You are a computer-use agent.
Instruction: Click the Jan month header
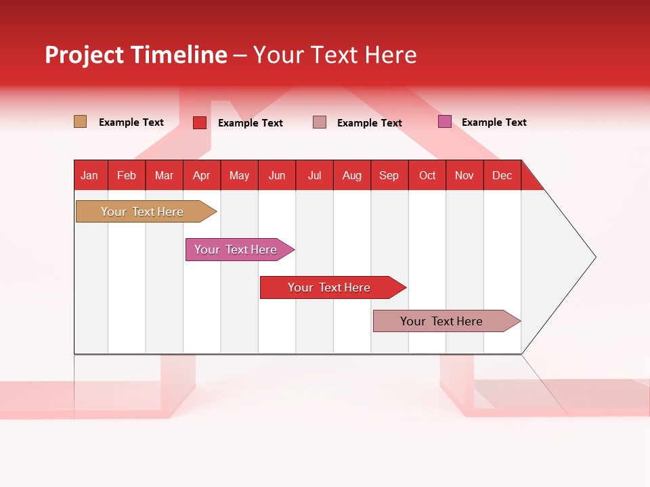click(90, 175)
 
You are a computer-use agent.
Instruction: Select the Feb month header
click(127, 175)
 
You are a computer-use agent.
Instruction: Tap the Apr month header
click(202, 175)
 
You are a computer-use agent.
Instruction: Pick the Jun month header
click(277, 175)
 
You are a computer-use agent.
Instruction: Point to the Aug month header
click(352, 175)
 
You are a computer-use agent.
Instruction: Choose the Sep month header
click(389, 175)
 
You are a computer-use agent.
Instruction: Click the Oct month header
click(427, 175)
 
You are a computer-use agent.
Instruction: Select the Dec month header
click(502, 175)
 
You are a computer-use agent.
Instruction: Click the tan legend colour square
click(80, 122)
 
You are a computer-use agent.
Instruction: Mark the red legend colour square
click(200, 122)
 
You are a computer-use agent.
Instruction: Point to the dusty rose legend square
click(320, 122)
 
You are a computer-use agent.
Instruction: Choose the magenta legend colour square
click(445, 122)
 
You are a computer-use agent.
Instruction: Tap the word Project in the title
click(85, 55)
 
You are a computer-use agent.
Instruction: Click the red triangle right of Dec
click(529, 180)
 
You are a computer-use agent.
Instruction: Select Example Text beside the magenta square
click(494, 122)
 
